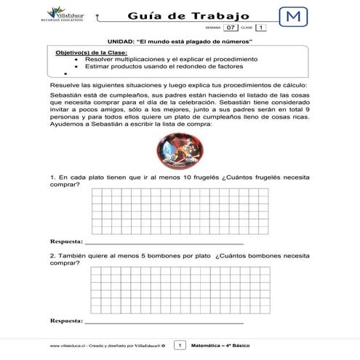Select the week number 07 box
point(231,28)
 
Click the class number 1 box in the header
point(260,28)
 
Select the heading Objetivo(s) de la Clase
point(91,53)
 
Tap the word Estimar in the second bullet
point(97,66)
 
